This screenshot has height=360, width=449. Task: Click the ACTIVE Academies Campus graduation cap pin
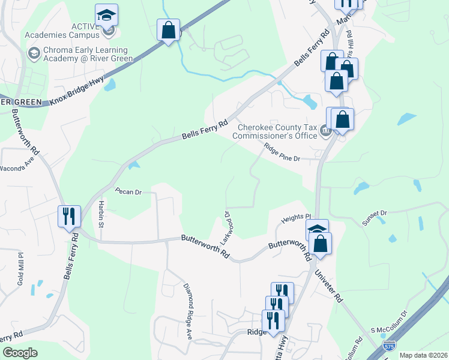[107, 15]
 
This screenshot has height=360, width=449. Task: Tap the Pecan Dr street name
[128, 193]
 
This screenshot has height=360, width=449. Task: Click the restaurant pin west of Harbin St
[69, 216]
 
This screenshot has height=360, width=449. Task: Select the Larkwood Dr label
[227, 227]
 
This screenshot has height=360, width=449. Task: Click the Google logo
[20, 352]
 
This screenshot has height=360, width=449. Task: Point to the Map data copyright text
[423, 355]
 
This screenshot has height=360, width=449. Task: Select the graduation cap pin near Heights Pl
[316, 229]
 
